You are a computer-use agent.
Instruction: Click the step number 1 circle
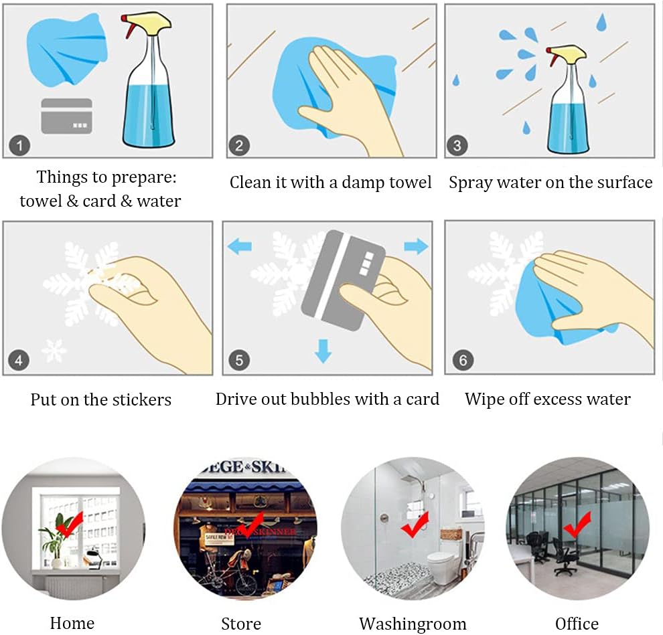point(19,145)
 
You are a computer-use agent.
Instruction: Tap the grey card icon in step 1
point(66,116)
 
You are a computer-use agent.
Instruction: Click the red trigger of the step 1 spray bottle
point(127,27)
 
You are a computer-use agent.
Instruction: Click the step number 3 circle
point(457,145)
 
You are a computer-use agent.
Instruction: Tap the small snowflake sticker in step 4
point(54,350)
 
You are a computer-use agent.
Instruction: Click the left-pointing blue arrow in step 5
point(239,247)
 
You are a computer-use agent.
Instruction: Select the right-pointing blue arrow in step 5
point(416,247)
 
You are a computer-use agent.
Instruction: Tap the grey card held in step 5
point(342,281)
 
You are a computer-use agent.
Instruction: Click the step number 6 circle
point(463,361)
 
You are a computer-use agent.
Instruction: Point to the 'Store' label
point(241,624)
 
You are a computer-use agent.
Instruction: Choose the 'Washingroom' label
point(413,624)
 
